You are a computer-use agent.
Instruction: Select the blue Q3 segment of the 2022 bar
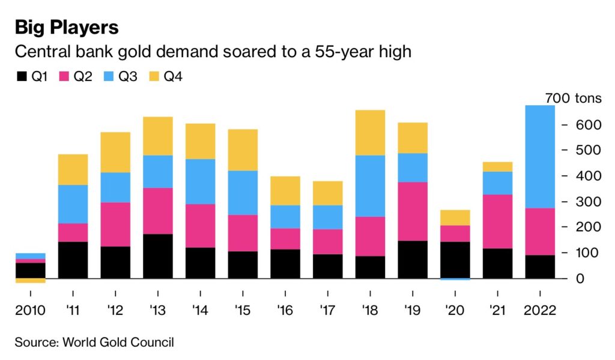(x=539, y=157)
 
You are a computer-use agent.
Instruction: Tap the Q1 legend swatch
(x=22, y=76)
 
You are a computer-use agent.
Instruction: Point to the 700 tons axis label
(x=572, y=99)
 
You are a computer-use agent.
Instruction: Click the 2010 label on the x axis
(x=31, y=311)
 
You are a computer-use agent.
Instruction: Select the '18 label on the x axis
(x=369, y=311)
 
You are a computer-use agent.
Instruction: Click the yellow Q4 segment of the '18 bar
(x=370, y=132)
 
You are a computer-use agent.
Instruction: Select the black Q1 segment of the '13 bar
(x=158, y=256)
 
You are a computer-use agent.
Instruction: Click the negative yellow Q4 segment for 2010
(x=31, y=281)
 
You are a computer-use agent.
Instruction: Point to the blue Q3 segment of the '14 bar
(x=200, y=182)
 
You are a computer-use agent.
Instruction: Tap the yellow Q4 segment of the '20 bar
(x=455, y=218)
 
